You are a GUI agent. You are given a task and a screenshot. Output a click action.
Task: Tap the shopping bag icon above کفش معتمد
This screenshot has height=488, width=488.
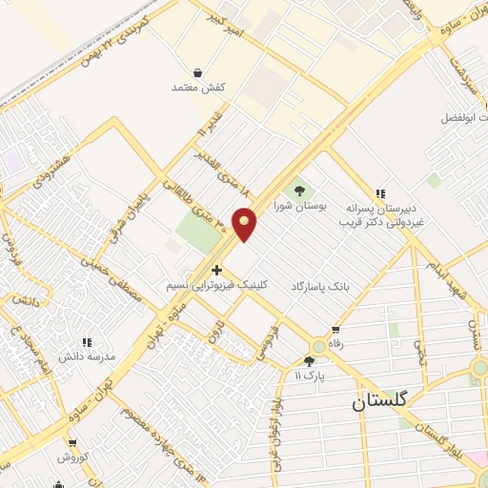coord(197,72)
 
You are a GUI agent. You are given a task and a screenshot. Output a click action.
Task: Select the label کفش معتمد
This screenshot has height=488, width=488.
coord(197,88)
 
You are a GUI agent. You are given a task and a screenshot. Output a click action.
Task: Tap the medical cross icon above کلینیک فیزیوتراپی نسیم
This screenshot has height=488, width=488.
coord(218,270)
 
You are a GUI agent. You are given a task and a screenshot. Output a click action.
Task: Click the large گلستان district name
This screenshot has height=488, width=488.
coord(378,402)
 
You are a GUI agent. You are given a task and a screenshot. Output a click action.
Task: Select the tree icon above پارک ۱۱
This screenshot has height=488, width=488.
coord(309,360)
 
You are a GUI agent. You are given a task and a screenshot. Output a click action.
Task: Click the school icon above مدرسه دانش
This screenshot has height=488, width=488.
coord(87,341)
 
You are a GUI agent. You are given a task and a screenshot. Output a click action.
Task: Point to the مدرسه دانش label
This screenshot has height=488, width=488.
coord(88,356)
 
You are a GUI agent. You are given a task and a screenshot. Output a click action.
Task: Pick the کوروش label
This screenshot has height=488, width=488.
coord(72,457)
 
